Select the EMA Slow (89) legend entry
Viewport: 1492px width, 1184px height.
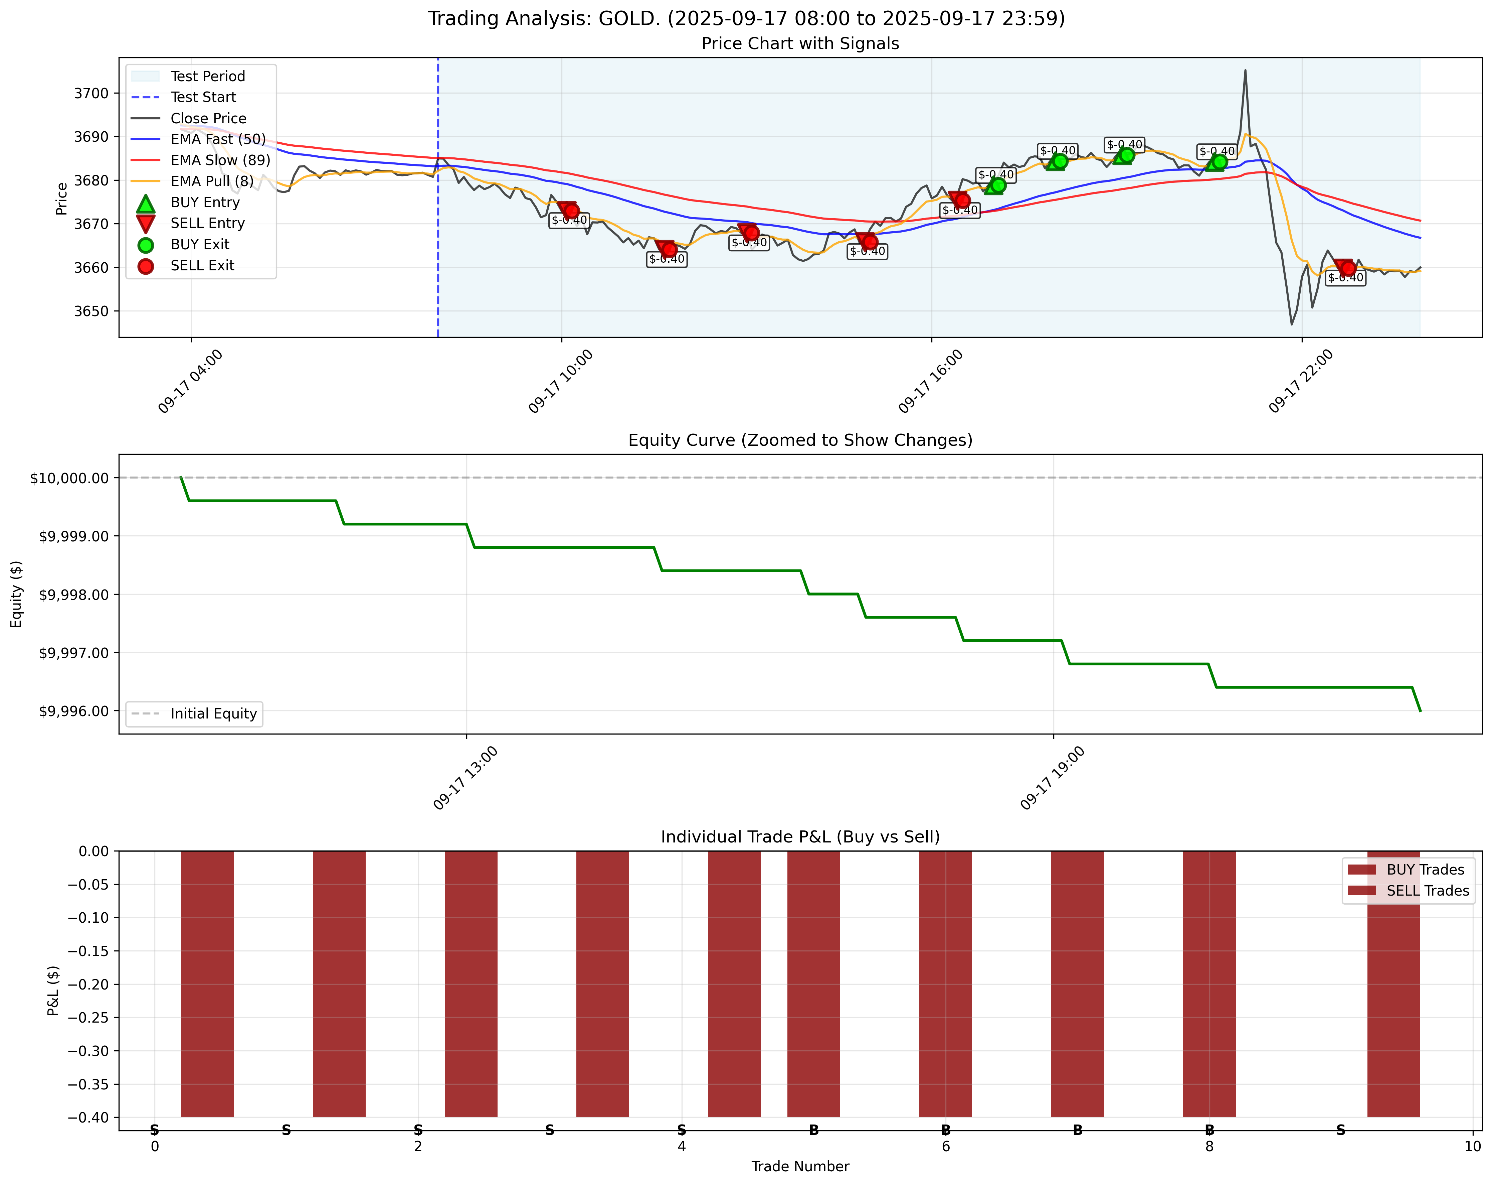(220, 160)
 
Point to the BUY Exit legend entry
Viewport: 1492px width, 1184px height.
(199, 244)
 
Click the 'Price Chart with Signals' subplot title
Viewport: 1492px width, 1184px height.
(800, 44)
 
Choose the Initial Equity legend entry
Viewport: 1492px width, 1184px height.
(213, 714)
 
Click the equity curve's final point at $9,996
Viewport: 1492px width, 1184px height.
(1420, 710)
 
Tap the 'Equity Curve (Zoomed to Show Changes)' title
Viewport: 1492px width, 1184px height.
(800, 440)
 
